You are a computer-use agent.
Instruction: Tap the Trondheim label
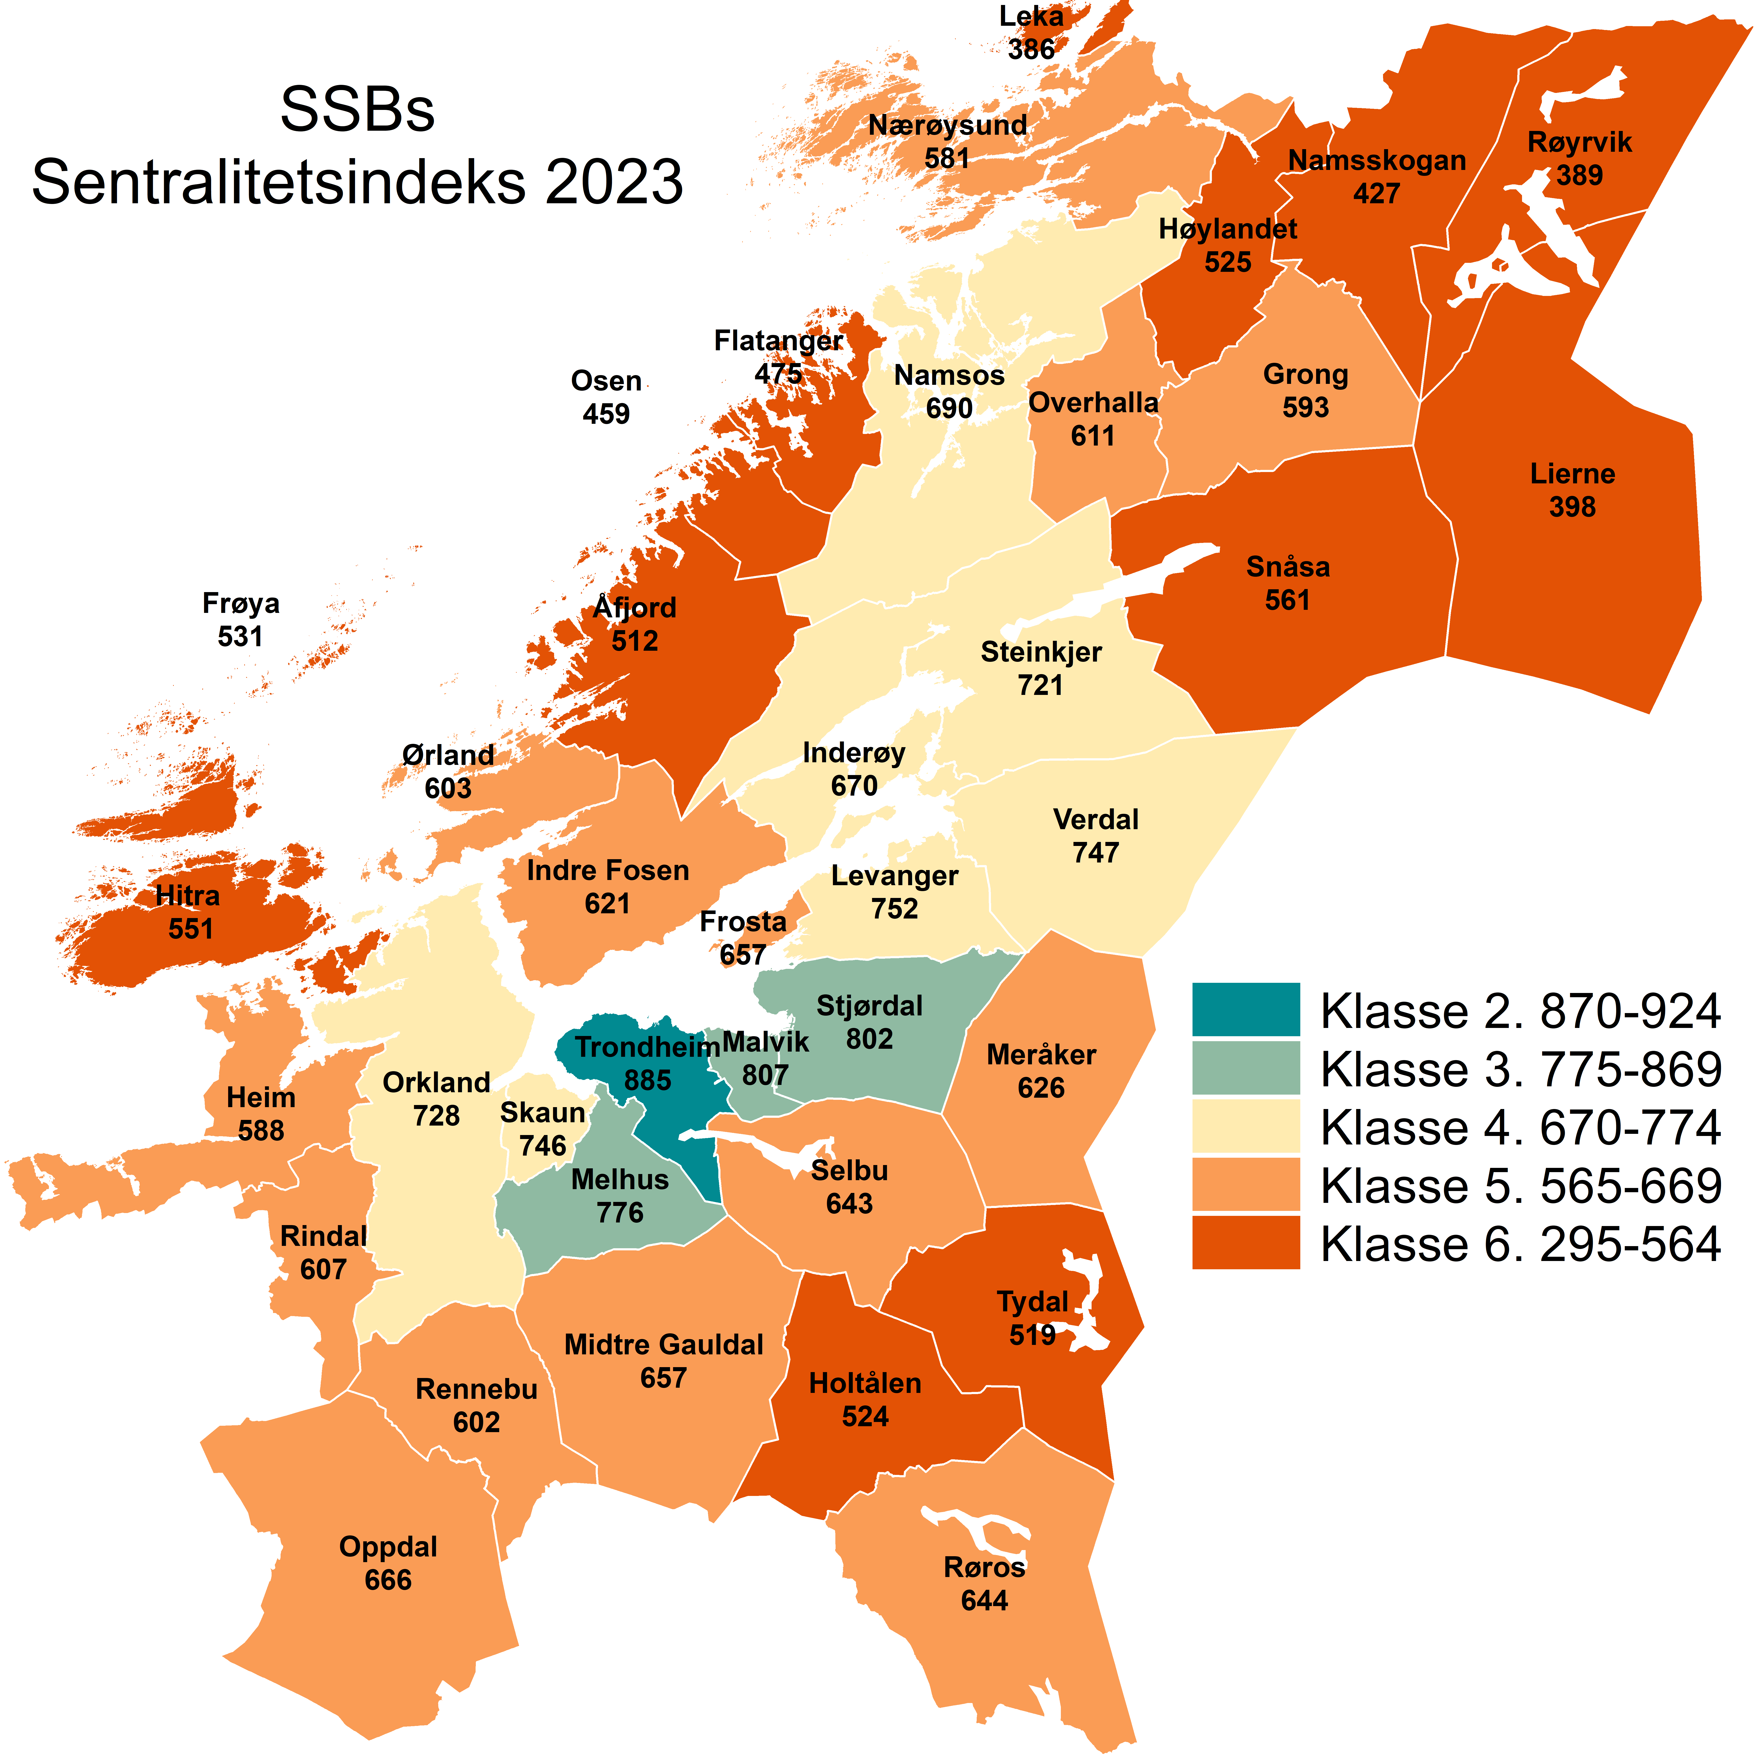tap(647, 1047)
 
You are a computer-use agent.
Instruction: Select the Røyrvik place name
tap(1580, 142)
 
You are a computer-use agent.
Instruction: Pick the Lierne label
tap(1572, 474)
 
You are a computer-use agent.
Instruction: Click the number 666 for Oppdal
tap(388, 1579)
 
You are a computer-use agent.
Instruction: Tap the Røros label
tap(985, 1567)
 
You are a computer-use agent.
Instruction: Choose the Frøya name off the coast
tap(241, 603)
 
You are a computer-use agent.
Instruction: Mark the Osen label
tap(606, 381)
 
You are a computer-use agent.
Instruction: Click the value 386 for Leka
tap(1031, 49)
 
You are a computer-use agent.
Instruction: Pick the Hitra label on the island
tap(188, 896)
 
